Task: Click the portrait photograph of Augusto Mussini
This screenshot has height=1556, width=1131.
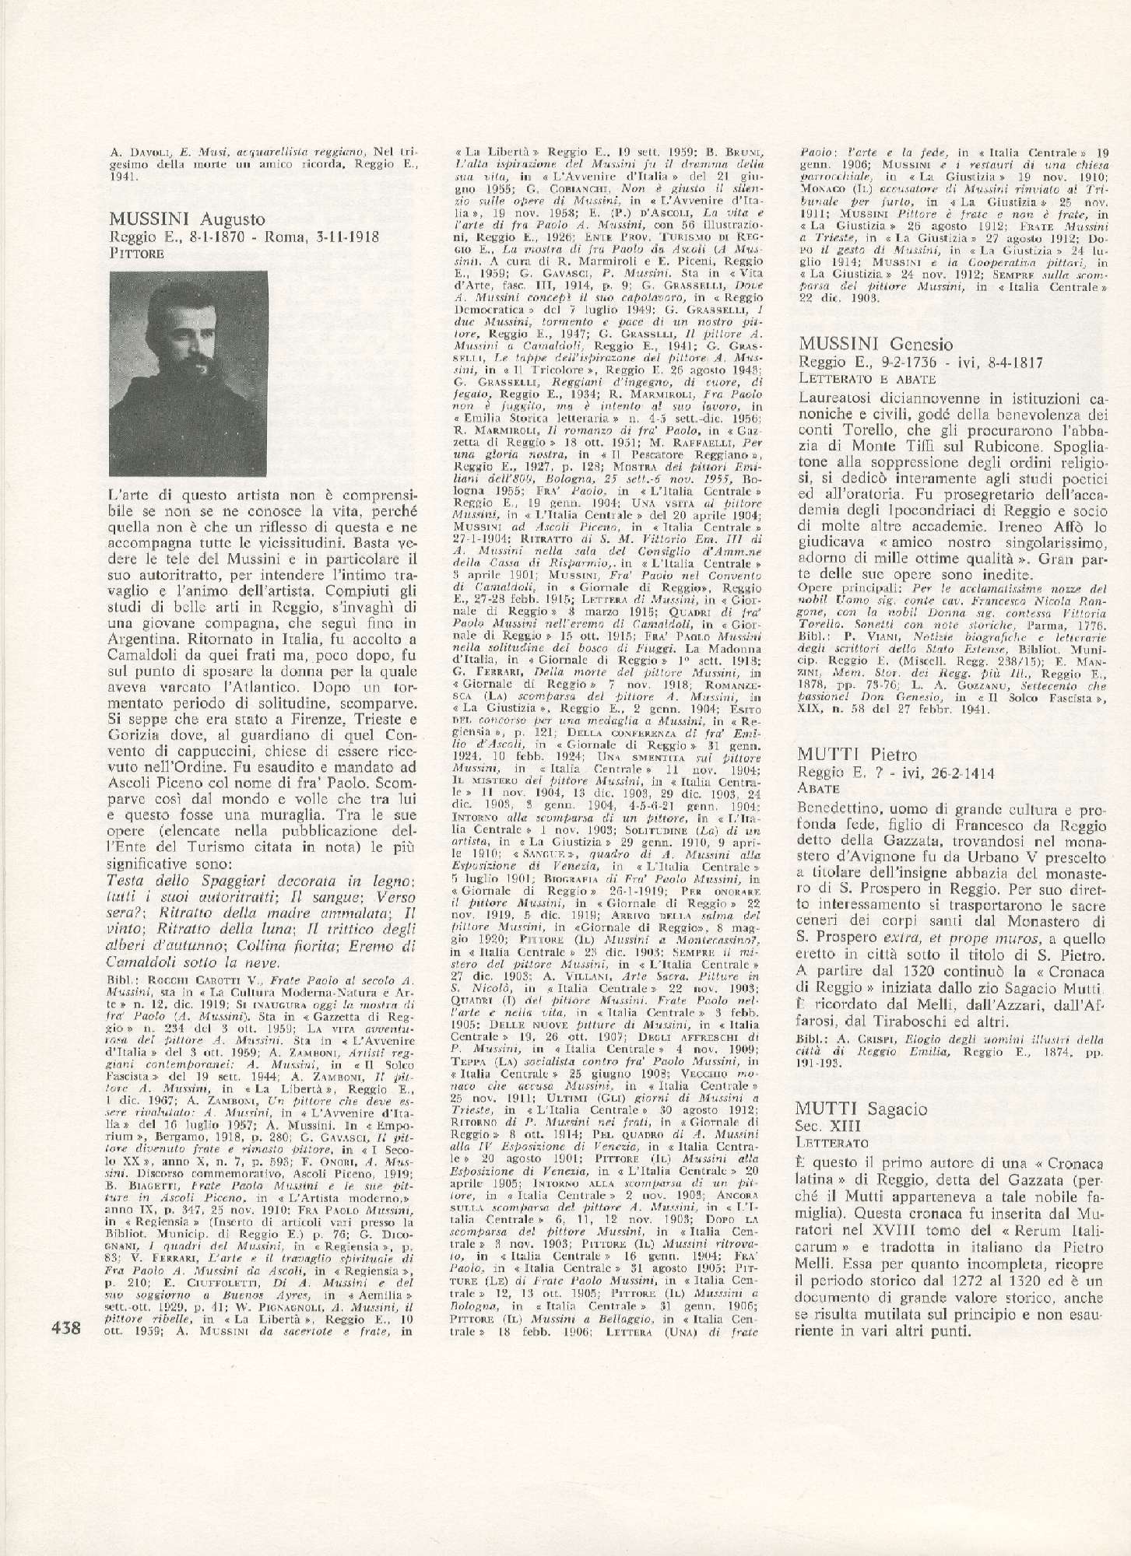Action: (182, 374)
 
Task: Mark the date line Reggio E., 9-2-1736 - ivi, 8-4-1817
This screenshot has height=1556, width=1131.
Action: (925, 362)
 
